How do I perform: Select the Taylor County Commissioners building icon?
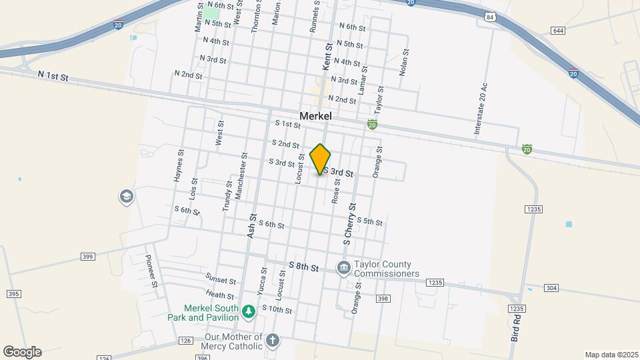pos(344,268)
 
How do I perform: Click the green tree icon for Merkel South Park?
pos(249,311)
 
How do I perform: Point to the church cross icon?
pos(272,341)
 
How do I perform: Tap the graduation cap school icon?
pos(125,197)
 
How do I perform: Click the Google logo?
pos(22,352)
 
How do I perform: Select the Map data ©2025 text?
pos(611,355)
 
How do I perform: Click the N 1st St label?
pos(53,77)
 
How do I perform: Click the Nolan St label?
pos(403,62)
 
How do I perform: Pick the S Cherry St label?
pos(349,224)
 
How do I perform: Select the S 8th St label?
pos(303,267)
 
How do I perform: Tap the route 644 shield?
pos(558,31)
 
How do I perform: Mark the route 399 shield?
pos(88,256)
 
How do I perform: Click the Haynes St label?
pos(178,165)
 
